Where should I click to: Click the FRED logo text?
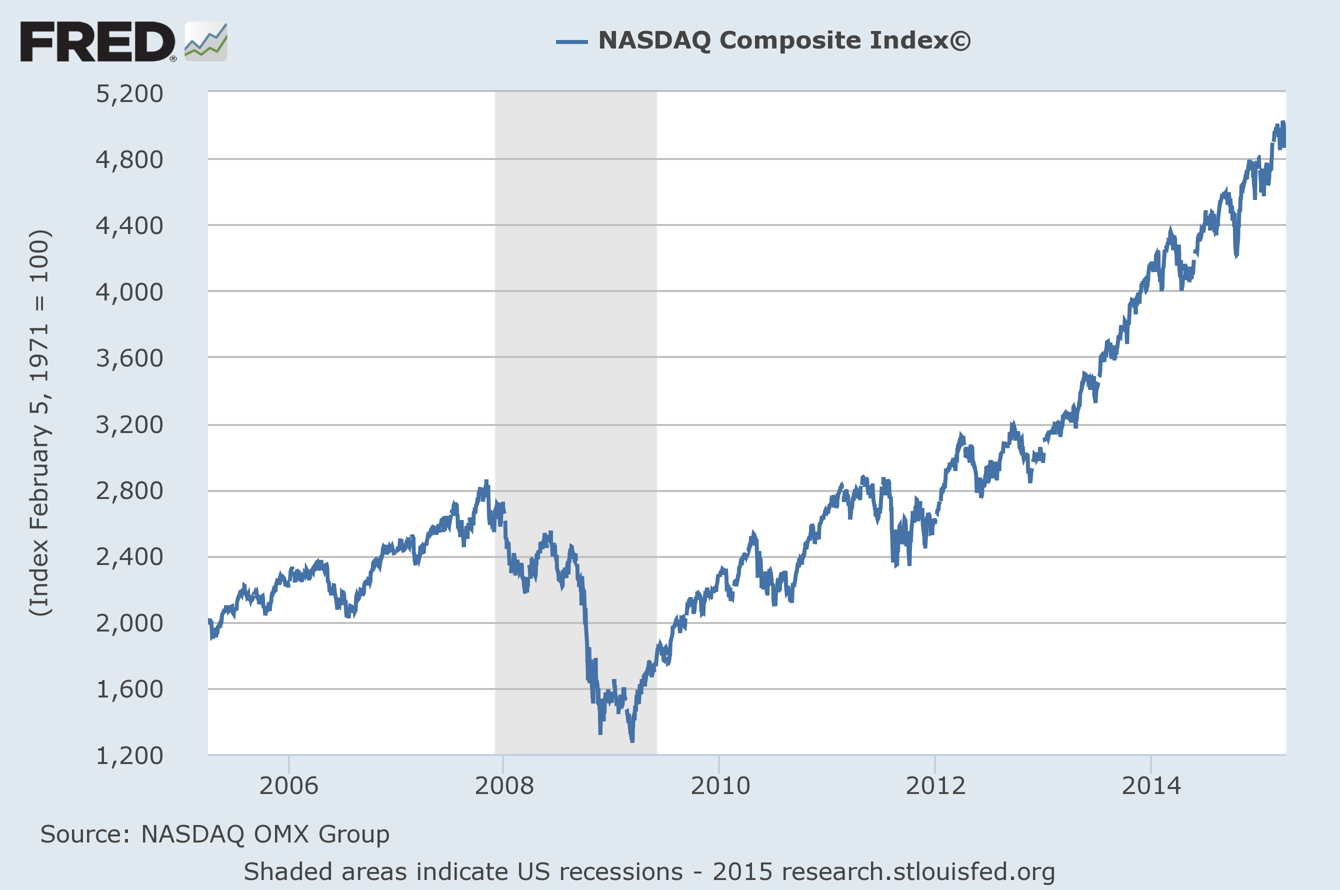(97, 41)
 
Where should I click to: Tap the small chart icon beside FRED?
(206, 41)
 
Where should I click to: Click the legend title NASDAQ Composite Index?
(784, 41)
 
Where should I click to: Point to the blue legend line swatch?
(571, 41)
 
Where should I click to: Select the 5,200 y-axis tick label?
(129, 93)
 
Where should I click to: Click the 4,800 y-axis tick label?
(129, 160)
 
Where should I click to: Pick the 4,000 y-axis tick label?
(129, 292)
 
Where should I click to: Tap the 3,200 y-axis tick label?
(129, 424)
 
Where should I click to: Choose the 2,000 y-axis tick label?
(129, 623)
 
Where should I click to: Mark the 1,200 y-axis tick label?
(129, 756)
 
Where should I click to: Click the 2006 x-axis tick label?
(289, 786)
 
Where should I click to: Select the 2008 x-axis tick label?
(504, 786)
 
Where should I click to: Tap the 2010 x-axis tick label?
(719, 786)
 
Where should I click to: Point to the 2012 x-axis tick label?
(935, 786)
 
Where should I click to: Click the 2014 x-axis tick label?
(1151, 786)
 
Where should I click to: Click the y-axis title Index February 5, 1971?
(39, 423)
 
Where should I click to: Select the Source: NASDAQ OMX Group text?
(214, 834)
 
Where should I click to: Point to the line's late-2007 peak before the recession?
(486, 482)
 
